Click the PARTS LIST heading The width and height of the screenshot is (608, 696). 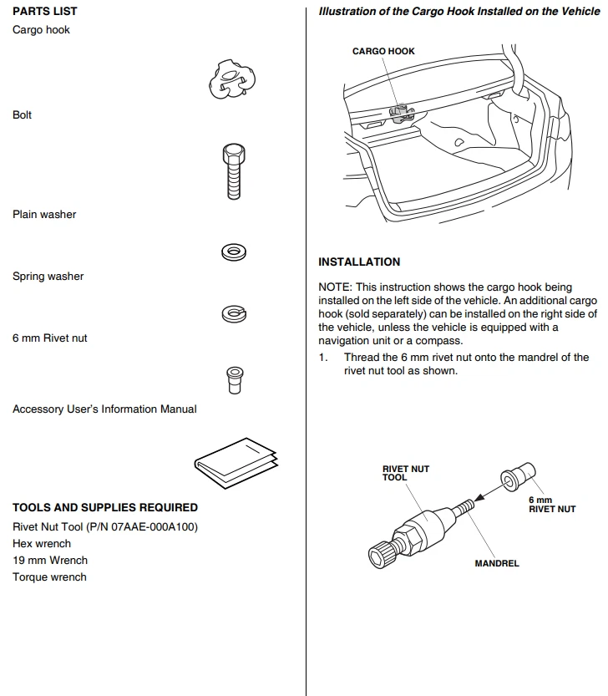click(45, 11)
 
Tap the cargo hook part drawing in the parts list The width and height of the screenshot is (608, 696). click(230, 79)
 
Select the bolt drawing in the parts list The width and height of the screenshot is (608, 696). click(233, 170)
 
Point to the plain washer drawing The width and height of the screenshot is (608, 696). click(233, 251)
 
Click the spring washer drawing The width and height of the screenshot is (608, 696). click(233, 313)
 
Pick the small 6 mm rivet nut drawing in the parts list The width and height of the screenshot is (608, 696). click(235, 378)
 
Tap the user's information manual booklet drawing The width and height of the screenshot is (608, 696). click(236, 461)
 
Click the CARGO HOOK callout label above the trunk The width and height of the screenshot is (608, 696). click(383, 51)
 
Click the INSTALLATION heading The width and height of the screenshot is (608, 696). click(359, 262)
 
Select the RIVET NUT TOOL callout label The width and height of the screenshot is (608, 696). click(406, 473)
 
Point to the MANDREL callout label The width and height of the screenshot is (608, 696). click(497, 563)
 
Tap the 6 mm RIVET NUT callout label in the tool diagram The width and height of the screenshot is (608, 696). click(553, 505)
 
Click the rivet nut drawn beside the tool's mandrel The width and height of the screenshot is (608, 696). click(513, 480)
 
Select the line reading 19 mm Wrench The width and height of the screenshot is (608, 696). click(50, 560)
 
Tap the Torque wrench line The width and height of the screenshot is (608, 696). click(49, 577)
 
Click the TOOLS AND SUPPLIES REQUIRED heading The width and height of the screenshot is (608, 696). click(105, 507)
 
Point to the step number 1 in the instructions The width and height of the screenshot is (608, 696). click(322, 357)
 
